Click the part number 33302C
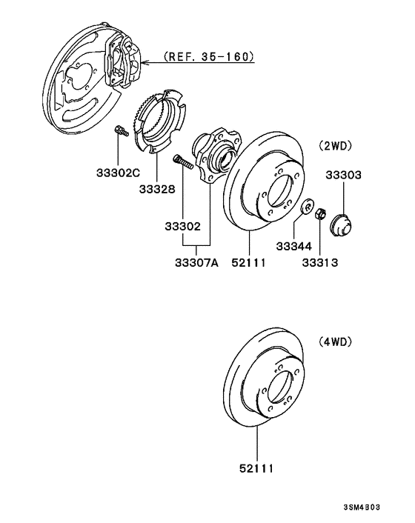tap(117, 173)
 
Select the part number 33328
tap(156, 188)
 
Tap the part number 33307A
tap(196, 262)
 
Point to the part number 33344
tap(294, 246)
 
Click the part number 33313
tap(319, 262)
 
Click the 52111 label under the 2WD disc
tap(248, 262)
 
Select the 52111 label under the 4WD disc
tap(257, 468)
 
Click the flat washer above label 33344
tap(305, 207)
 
